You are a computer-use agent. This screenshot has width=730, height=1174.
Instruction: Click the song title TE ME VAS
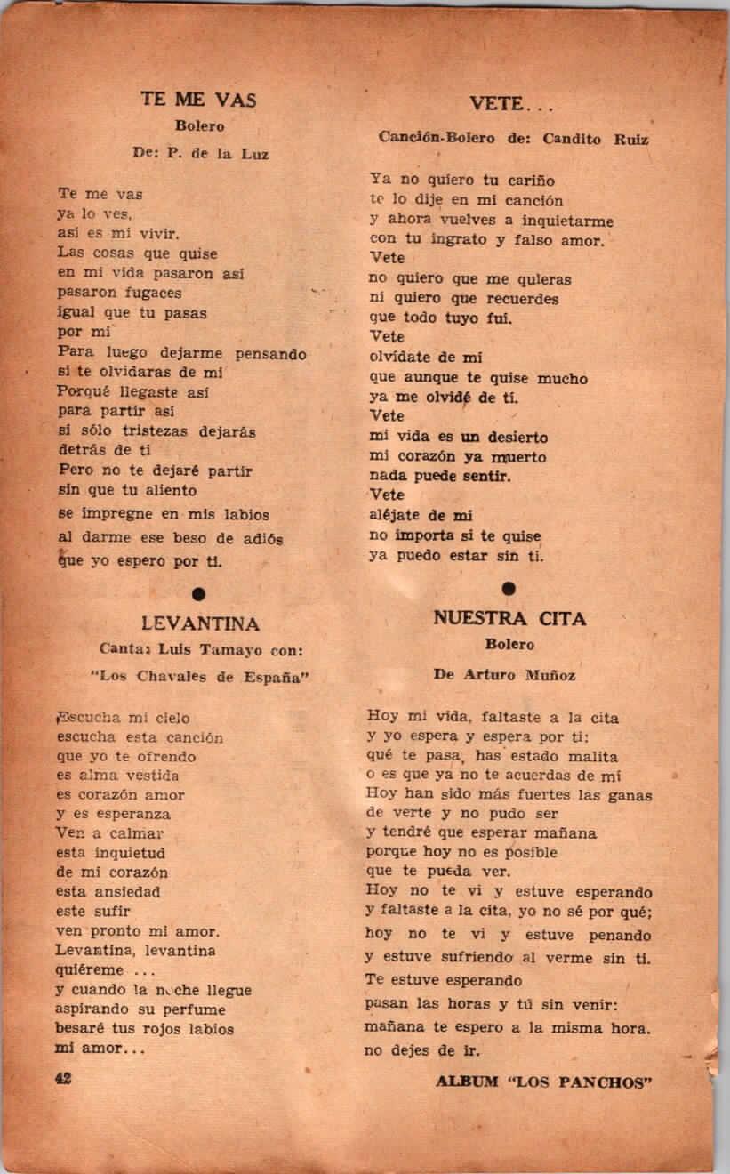click(x=198, y=100)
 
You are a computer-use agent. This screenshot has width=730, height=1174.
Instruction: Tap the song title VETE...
click(x=511, y=104)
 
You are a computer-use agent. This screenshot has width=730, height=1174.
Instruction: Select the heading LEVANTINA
click(x=199, y=623)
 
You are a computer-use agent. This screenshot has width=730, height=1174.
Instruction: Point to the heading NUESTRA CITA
click(x=509, y=618)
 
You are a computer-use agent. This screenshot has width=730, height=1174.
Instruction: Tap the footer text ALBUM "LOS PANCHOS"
click(x=545, y=1082)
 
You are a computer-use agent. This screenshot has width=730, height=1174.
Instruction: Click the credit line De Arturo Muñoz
click(x=504, y=675)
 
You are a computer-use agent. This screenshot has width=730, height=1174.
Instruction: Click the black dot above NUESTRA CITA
click(x=509, y=588)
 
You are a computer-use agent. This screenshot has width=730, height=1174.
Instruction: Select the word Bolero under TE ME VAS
click(x=199, y=126)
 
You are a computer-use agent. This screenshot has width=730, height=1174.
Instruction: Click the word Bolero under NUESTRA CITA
click(x=509, y=644)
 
